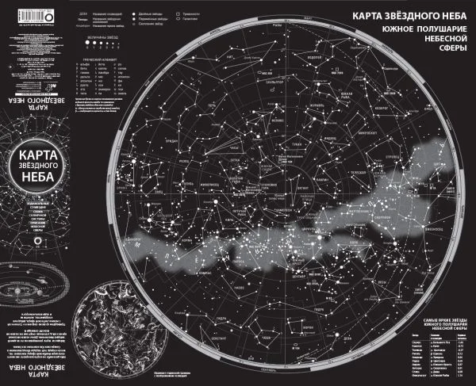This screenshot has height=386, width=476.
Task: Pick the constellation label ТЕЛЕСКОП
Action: click(358, 171)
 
